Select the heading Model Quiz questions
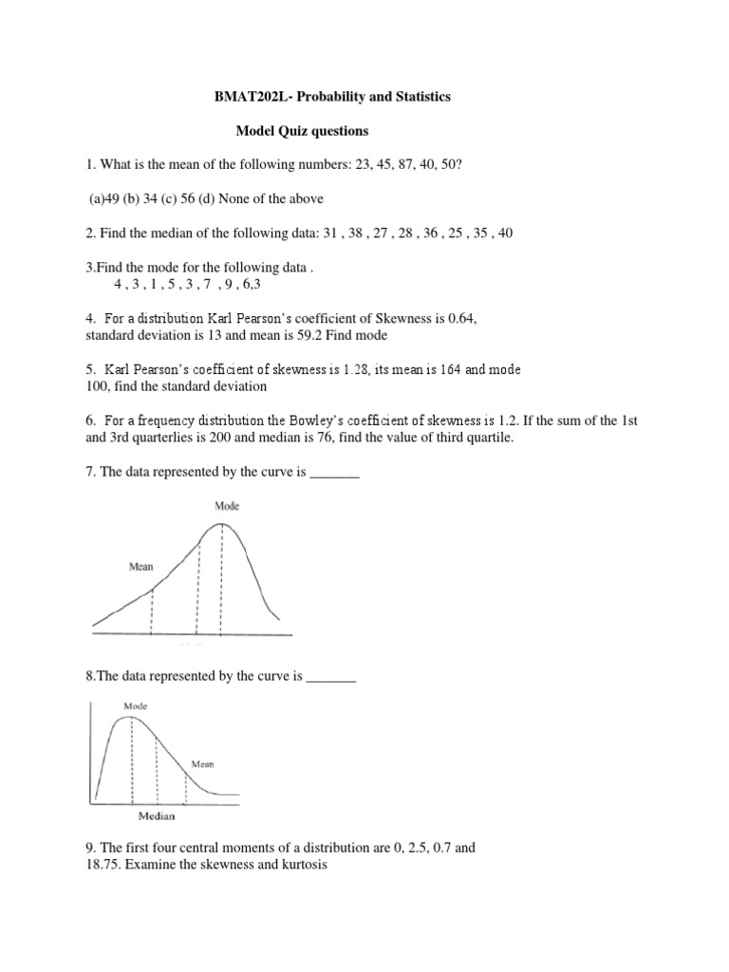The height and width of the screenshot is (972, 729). pos(302,131)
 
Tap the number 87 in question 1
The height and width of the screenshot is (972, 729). pos(386,165)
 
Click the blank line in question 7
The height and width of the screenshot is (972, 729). pos(335,472)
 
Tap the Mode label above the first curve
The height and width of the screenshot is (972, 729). pos(227,506)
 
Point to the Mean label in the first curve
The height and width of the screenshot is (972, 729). pos(140,567)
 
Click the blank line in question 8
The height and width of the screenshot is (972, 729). pos(331,677)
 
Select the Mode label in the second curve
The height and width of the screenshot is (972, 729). pos(134,706)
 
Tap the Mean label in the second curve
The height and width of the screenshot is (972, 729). pos(203,763)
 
